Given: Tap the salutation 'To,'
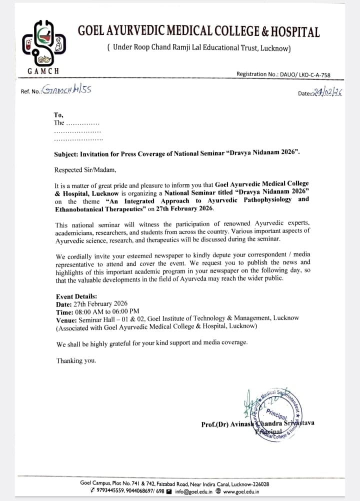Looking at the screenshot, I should coord(58,114).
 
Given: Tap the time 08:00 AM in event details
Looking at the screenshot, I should coord(88,310).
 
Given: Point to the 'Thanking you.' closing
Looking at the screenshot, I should coord(76,360).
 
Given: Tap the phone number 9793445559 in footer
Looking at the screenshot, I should coord(113,491).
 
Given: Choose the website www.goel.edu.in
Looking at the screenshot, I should coord(245,491).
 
